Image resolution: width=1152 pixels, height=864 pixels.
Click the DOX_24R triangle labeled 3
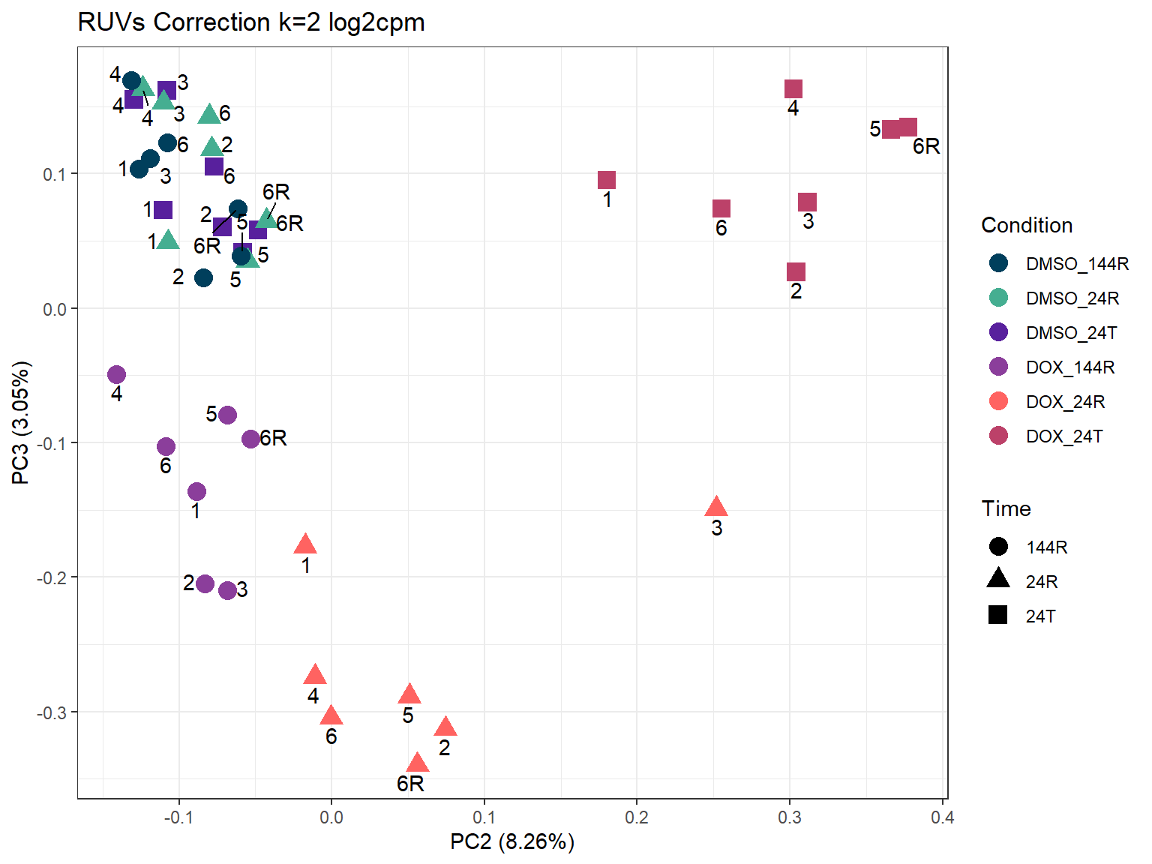(716, 508)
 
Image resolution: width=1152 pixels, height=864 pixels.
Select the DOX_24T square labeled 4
(793, 89)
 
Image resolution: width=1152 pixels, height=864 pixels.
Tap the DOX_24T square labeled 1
(607, 180)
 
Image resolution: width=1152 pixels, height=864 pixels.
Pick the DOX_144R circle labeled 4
(116, 374)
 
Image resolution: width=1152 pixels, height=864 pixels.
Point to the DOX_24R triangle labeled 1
(305, 545)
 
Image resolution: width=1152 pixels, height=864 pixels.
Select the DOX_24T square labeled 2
(796, 271)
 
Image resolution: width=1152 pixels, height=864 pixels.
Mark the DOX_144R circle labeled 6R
(250, 439)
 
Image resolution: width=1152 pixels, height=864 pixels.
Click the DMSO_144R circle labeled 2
(203, 278)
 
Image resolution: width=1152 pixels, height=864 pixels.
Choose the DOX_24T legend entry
(1063, 436)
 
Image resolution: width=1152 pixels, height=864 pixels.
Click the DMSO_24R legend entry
(1072, 298)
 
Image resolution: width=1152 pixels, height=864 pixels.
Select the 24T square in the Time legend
(998, 616)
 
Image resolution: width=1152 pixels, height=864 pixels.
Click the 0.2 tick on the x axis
(637, 817)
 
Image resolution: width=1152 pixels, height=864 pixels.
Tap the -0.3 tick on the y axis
(52, 712)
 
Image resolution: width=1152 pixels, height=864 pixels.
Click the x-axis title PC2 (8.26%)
(512, 842)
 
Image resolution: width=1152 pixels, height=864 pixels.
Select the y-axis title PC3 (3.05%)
(21, 423)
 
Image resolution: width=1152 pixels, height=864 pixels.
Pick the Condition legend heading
(1027, 225)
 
